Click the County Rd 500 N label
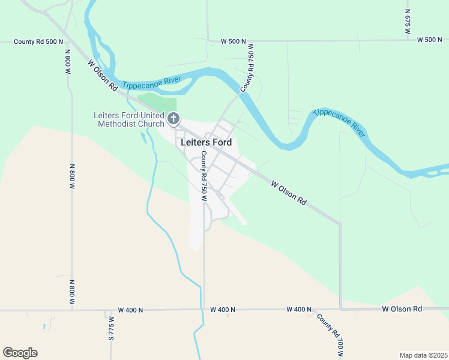(x=38, y=41)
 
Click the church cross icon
(x=173, y=118)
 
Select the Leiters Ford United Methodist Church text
(x=128, y=119)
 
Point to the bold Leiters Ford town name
(x=206, y=143)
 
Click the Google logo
(x=20, y=353)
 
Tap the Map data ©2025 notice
(x=423, y=355)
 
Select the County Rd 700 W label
(x=330, y=335)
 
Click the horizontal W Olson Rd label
(x=402, y=309)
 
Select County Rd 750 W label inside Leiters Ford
(x=204, y=175)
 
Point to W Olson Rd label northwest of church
(x=102, y=75)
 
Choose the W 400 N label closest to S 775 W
(x=131, y=310)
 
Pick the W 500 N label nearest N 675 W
(x=430, y=40)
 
